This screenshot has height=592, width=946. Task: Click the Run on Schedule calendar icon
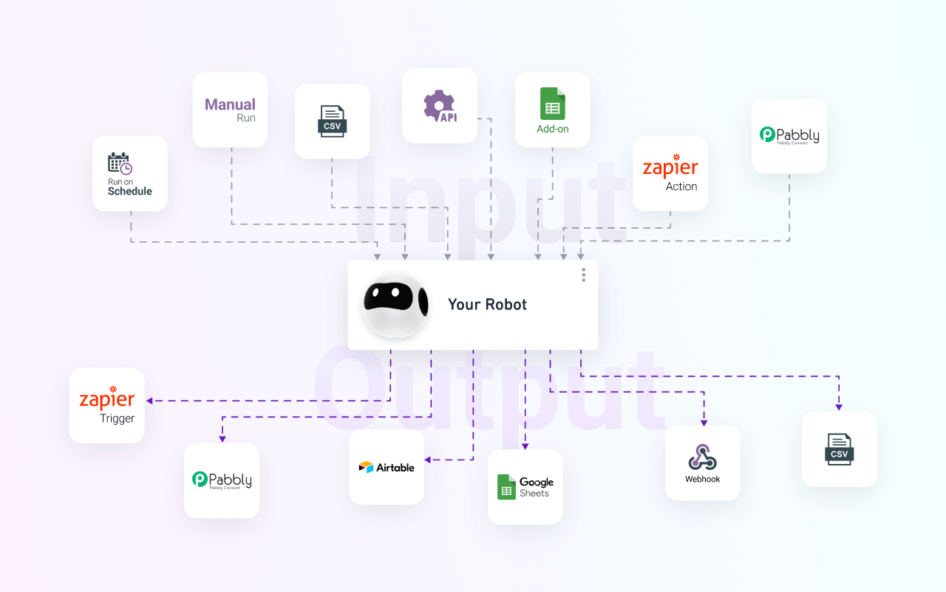119,164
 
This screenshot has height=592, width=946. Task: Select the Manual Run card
230,110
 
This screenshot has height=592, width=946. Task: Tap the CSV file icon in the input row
333,121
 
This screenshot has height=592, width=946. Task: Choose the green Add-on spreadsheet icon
552,104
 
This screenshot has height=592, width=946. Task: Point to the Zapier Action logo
670,169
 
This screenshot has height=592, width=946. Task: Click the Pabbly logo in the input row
789,135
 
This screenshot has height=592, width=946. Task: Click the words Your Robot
487,305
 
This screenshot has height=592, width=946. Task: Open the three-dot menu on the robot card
583,275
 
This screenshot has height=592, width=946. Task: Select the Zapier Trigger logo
107,400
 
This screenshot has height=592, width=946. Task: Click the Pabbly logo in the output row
222,480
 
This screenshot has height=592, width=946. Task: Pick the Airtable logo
387,468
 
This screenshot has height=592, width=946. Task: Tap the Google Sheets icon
506,487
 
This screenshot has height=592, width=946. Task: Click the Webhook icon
702,457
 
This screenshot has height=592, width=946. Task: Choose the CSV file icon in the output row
839,448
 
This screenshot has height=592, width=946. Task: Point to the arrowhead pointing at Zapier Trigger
149,401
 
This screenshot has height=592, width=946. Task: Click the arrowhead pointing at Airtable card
428,460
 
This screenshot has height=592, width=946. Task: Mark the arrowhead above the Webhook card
704,422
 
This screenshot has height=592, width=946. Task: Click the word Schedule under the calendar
130,191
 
